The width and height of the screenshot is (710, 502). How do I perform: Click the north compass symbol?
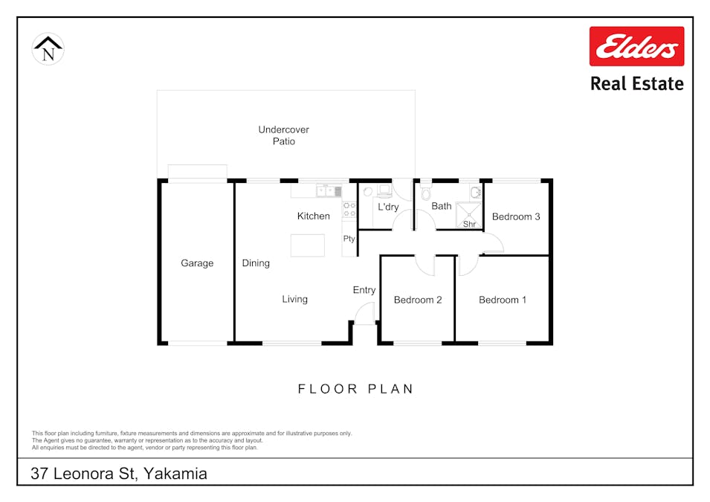[48, 49]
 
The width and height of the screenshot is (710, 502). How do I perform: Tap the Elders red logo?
[636, 46]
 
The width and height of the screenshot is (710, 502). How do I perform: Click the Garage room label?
[197, 263]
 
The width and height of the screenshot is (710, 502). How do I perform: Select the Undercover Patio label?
[283, 135]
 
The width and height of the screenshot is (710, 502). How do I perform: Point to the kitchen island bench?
[307, 245]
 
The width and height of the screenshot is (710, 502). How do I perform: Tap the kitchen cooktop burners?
[348, 209]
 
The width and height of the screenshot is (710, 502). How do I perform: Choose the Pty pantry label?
[349, 239]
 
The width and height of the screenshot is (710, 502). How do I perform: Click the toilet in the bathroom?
[426, 193]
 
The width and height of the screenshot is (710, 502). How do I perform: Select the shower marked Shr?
[469, 215]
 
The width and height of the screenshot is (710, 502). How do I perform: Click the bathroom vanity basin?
[474, 191]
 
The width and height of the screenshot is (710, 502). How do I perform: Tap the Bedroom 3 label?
[516, 216]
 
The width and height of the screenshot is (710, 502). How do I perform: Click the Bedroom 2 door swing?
[425, 264]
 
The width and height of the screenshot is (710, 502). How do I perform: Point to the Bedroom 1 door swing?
[469, 264]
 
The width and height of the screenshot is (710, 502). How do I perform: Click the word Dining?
[256, 263]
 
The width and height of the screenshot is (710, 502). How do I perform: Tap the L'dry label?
[388, 207]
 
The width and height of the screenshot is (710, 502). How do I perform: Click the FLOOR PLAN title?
[355, 389]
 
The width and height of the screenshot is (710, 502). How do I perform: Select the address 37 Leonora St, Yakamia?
[119, 473]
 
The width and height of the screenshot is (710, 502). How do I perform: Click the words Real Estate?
[636, 83]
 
